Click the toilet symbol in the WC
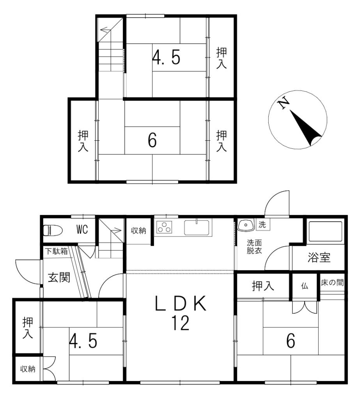[53, 230]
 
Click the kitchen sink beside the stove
[197, 227]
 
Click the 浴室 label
[319, 258]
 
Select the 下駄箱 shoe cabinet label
[56, 251]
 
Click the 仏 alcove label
[304, 286]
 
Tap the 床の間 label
[332, 283]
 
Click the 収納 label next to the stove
[138, 231]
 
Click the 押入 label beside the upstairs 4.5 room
[222, 58]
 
